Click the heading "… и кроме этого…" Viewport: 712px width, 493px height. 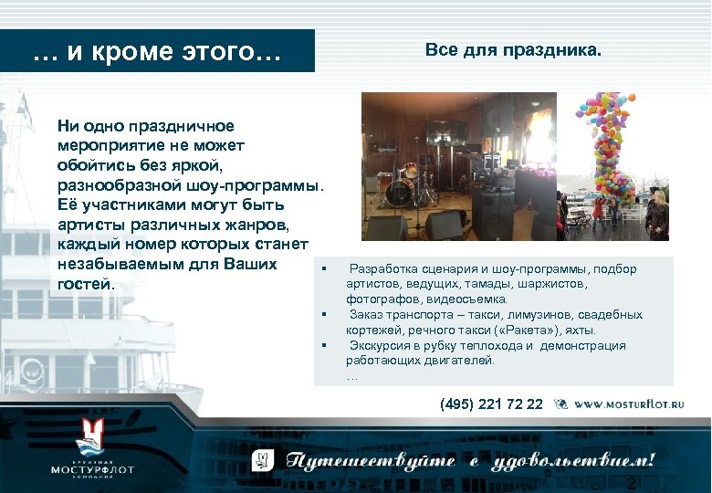[x=157, y=52]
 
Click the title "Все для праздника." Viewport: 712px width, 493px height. [x=514, y=50]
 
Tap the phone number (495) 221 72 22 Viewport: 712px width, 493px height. [x=491, y=404]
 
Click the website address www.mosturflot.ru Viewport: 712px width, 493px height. [x=629, y=404]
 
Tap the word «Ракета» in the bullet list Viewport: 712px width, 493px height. [x=527, y=330]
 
